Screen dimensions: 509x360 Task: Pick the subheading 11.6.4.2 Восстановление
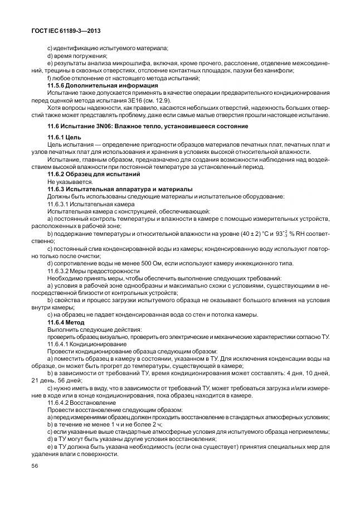click(81, 403)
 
